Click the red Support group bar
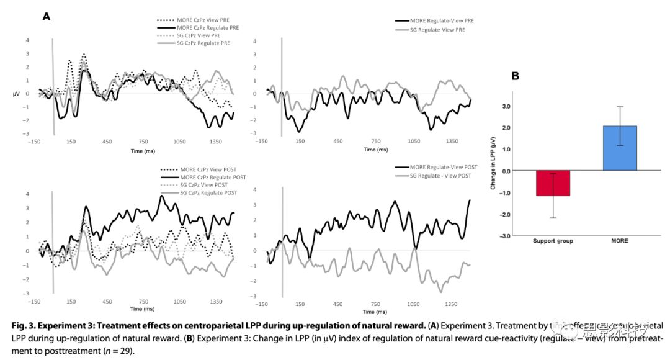[x=553, y=184]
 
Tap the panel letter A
[x=46, y=17]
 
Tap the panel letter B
[x=515, y=76]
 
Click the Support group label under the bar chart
[x=553, y=241]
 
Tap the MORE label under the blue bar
[x=620, y=241]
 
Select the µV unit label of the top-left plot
[x=17, y=94]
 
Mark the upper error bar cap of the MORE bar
[x=620, y=106]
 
